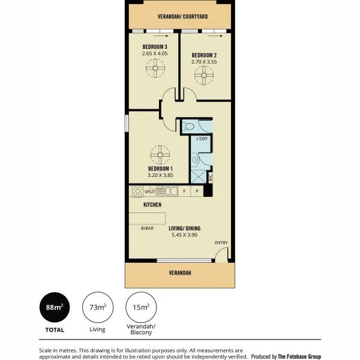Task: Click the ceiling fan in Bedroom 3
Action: (x=155, y=72)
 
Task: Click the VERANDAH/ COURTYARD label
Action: (x=182, y=17)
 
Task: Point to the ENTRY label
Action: (x=221, y=243)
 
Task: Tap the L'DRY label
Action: (x=202, y=139)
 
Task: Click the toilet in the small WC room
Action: (x=189, y=127)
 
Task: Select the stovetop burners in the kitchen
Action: (x=137, y=192)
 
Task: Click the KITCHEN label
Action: (x=152, y=205)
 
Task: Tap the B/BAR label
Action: (x=146, y=229)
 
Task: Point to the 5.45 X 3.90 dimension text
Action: (x=184, y=235)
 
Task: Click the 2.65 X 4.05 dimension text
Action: (x=155, y=53)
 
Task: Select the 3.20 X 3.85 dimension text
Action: (x=160, y=176)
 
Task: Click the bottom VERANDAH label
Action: (x=179, y=273)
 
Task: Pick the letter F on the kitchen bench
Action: (x=184, y=192)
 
